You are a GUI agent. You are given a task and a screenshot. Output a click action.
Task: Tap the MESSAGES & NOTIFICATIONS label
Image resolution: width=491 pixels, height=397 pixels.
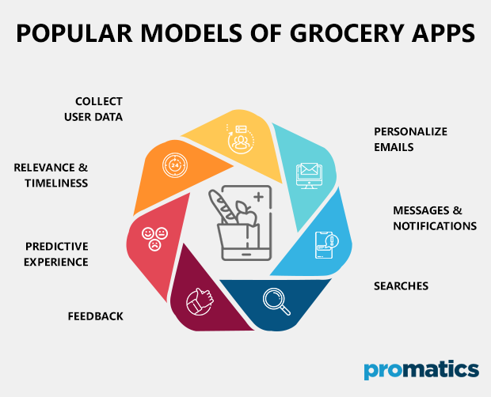435,218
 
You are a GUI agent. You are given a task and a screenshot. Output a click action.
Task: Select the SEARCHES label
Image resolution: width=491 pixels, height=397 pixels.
401,285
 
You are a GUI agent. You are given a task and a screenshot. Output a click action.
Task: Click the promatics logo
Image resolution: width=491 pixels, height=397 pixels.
421,369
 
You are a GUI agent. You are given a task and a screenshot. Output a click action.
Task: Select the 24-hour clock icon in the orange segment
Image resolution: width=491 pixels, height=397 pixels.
175,166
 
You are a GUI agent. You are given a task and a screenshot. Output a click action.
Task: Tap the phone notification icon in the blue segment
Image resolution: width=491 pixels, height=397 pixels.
327,243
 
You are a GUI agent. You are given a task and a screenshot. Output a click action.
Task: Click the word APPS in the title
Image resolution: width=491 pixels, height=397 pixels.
440,35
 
